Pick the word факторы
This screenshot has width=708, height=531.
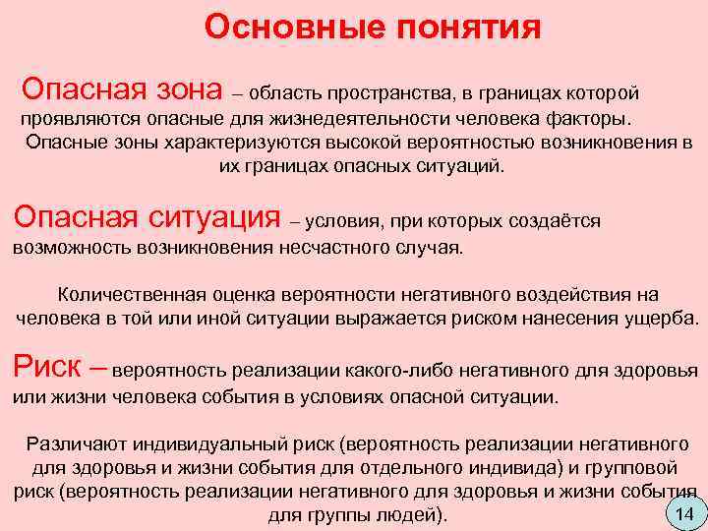point(585,120)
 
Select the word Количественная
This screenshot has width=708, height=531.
point(130,295)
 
